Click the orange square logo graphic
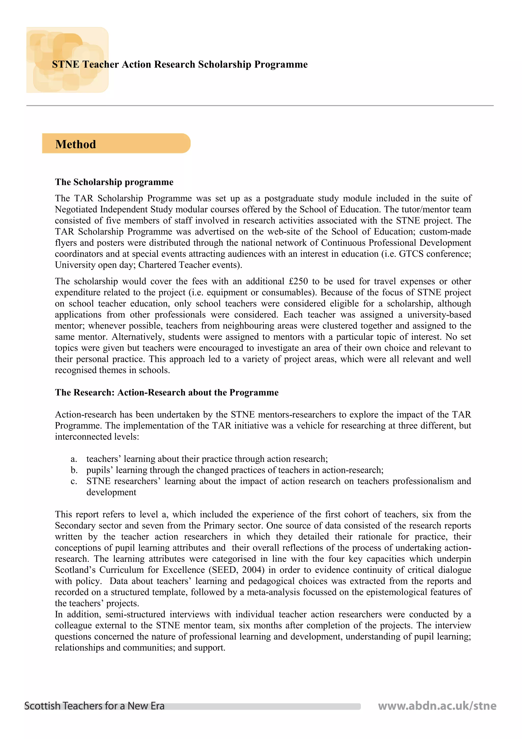pos(67,60)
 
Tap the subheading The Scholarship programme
pos(114,182)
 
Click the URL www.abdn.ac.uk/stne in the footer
pos(437,706)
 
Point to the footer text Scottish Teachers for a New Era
pos(94,706)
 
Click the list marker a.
pos(74,459)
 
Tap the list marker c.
pos(74,481)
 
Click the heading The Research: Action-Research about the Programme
pos(167,392)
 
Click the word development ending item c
pos(111,492)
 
